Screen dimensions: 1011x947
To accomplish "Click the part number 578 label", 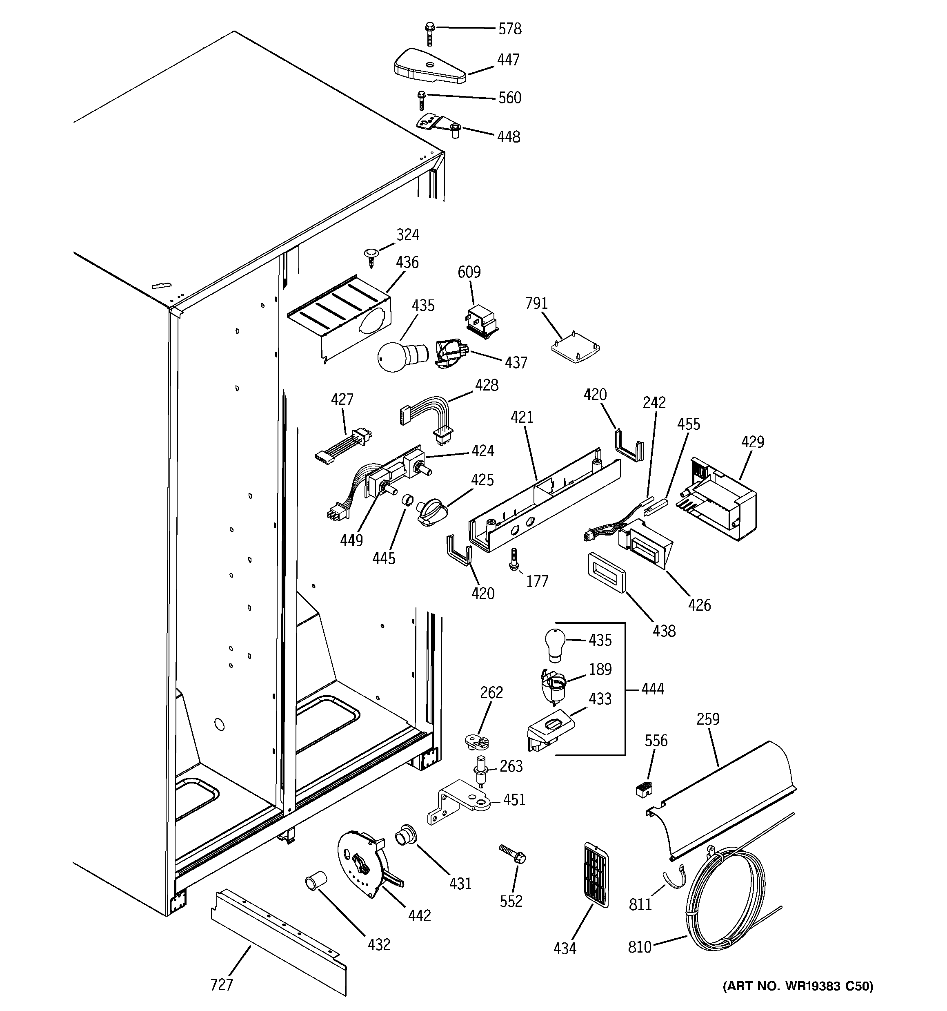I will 509,29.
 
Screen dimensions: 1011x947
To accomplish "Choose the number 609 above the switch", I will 469,272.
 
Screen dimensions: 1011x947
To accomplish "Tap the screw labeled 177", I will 514,559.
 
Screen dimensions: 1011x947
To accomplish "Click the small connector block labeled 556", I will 644,789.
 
